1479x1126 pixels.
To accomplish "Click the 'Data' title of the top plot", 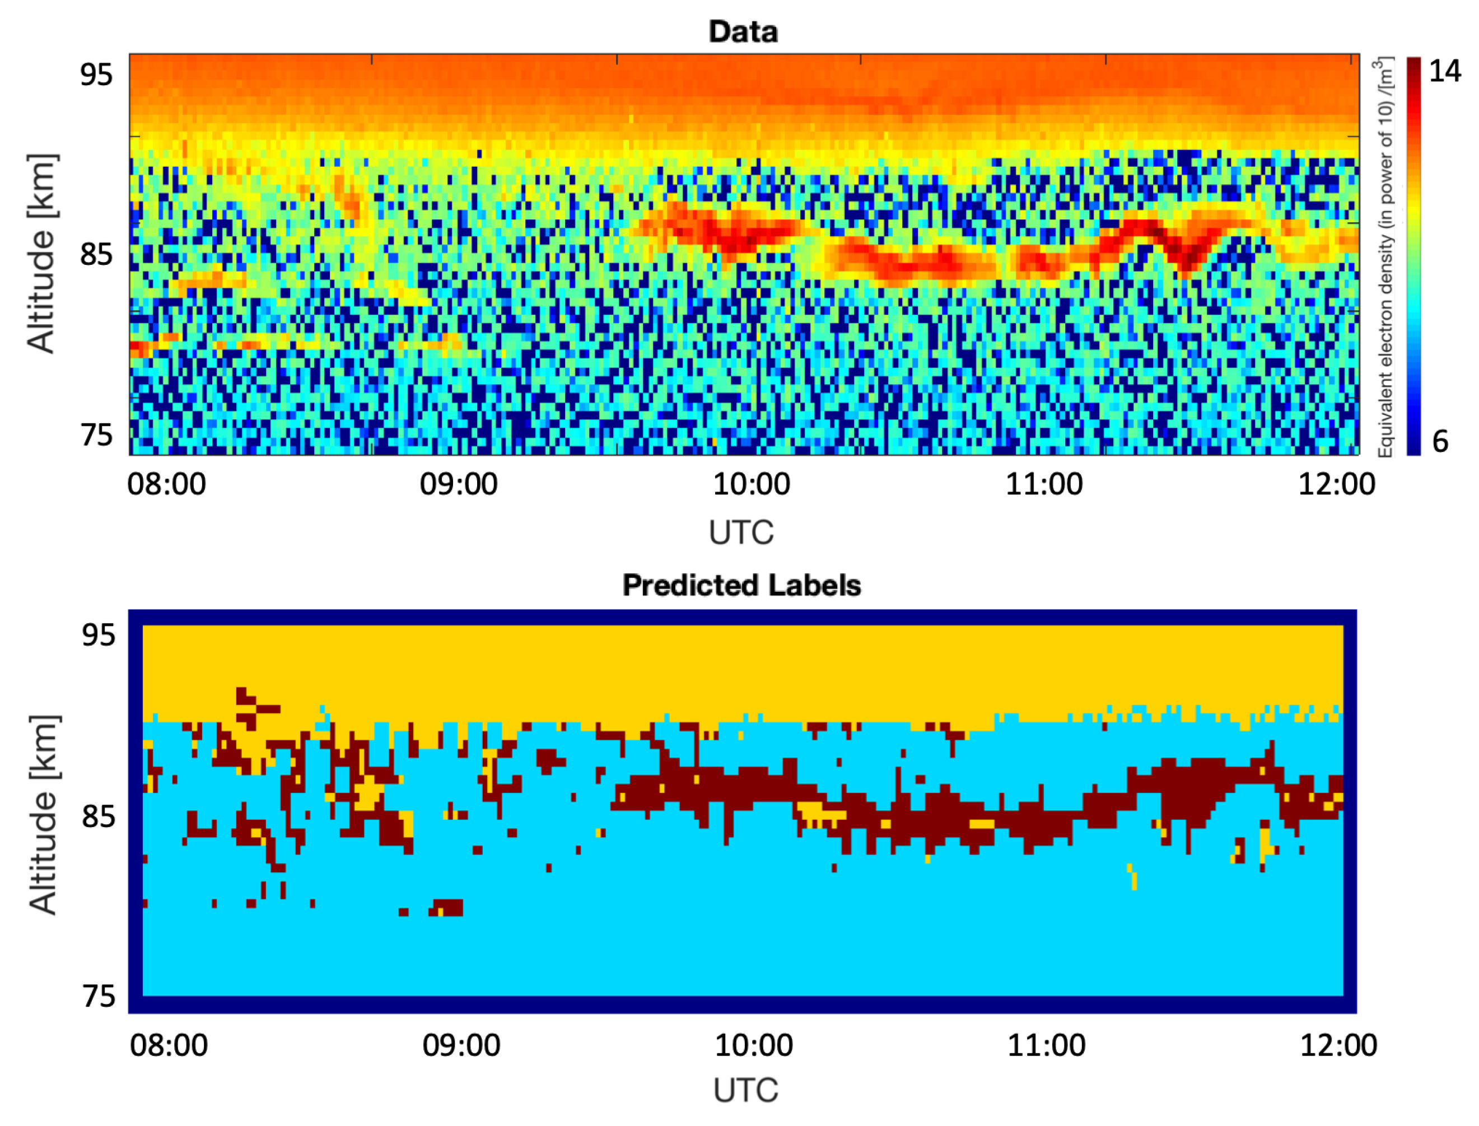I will point(743,31).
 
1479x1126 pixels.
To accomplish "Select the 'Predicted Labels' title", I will point(741,585).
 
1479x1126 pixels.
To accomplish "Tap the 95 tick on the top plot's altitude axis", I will point(96,74).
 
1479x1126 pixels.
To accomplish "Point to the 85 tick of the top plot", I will point(96,254).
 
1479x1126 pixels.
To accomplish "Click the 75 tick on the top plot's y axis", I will point(96,435).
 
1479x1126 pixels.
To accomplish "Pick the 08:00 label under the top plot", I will point(167,484).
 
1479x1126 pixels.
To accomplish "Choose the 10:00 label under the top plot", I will point(752,484).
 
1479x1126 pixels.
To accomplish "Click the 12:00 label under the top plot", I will point(1337,484).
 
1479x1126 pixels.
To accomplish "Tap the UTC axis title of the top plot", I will point(741,533).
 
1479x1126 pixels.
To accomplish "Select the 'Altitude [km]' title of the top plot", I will point(41,253).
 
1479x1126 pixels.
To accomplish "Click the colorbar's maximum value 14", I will point(1445,71).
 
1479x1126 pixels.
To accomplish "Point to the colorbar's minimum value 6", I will point(1440,441).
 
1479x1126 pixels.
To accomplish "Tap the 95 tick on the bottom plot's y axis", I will point(99,634).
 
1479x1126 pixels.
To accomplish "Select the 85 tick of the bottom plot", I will point(99,816).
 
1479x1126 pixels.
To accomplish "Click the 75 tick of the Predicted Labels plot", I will point(99,997).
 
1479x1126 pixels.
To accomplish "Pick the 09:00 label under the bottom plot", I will point(461,1045).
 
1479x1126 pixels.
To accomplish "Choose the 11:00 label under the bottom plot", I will point(1047,1045).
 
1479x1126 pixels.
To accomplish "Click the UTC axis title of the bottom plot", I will point(745,1091).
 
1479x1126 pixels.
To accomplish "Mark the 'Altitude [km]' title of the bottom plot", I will point(44,814).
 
